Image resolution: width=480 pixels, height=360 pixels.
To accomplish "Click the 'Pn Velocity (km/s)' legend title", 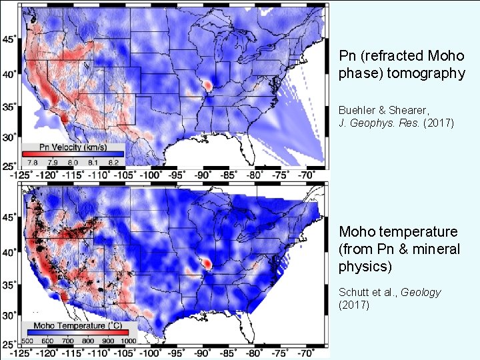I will point(65,147).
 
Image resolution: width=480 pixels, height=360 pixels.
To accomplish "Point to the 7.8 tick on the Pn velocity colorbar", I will point(31,161).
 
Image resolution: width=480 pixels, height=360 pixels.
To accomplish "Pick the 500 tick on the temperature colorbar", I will point(29,340).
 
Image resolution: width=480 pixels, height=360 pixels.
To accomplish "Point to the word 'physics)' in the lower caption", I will point(363,265).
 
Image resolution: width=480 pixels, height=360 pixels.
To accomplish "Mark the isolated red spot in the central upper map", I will point(208,86).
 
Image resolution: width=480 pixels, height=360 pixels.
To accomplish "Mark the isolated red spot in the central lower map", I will point(208,264).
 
